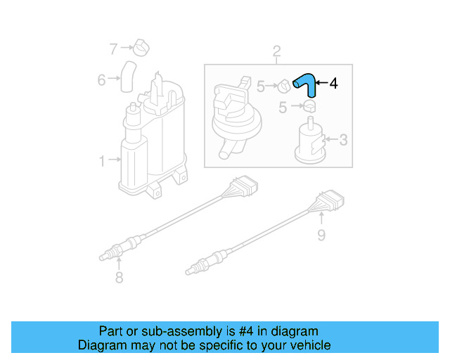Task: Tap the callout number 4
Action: click(x=333, y=84)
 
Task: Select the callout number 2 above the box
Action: click(x=276, y=51)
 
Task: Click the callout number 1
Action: click(x=101, y=161)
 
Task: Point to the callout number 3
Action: click(x=343, y=140)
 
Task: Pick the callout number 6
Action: click(x=101, y=79)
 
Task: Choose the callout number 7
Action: click(x=113, y=49)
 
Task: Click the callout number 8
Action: click(x=119, y=278)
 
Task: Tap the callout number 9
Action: click(x=321, y=234)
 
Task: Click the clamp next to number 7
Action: click(x=143, y=48)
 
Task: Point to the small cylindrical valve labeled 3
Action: click(x=309, y=141)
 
